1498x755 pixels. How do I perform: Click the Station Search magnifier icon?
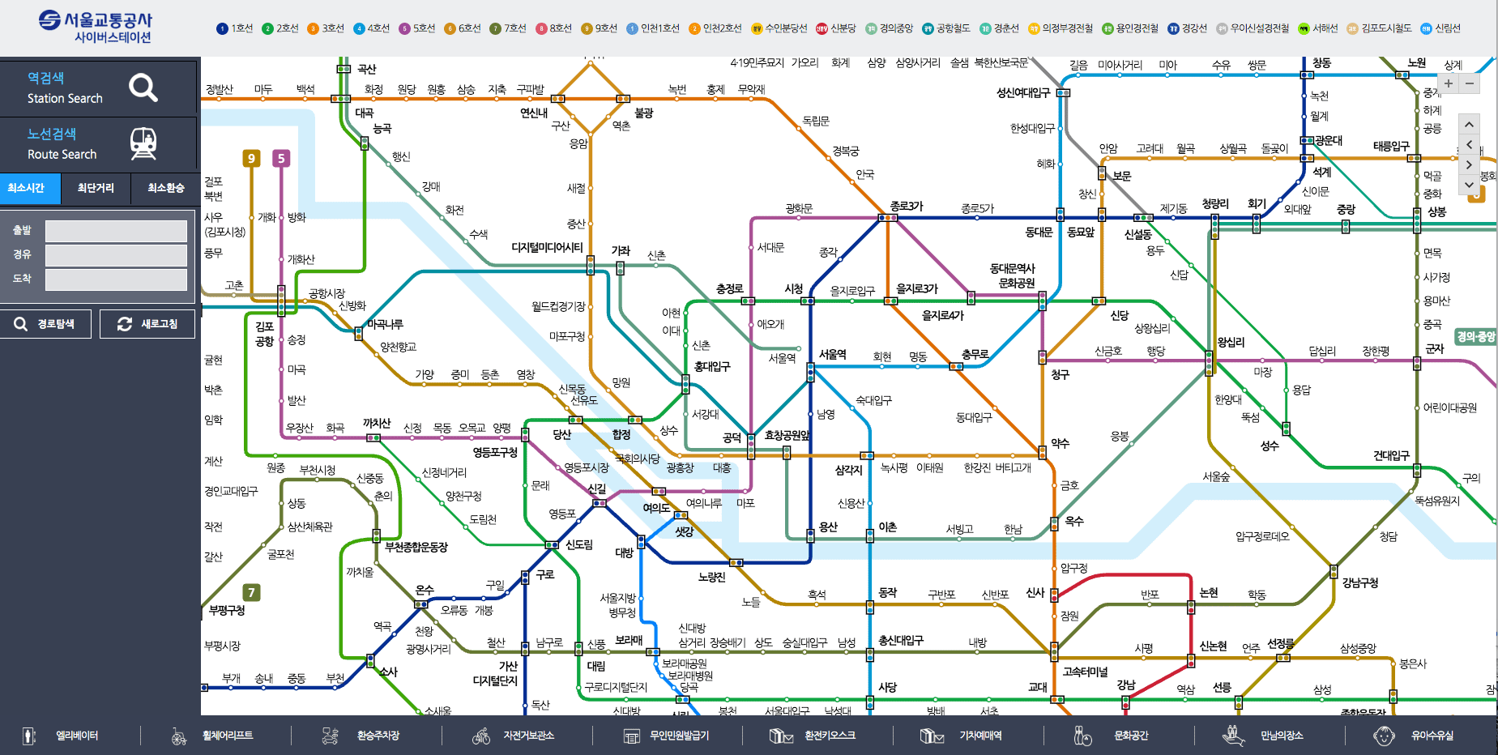(143, 87)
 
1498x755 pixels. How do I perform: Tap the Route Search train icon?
(143, 143)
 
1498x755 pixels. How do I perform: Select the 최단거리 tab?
(96, 188)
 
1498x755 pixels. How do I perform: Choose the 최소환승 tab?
(165, 188)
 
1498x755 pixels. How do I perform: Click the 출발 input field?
(116, 231)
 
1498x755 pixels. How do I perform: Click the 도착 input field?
(116, 279)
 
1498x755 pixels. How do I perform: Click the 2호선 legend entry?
(280, 28)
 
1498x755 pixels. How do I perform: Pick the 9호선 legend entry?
(600, 28)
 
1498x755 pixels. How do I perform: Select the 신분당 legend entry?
(836, 28)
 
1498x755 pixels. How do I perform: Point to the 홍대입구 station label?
(712, 366)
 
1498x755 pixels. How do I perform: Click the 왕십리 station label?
(1231, 342)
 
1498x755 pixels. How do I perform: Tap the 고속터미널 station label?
(1085, 672)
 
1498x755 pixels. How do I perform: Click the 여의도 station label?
(656, 508)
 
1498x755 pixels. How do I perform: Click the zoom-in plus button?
(1449, 83)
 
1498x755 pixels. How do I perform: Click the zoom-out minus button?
(1469, 83)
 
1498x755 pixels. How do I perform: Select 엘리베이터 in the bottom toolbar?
(76, 736)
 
